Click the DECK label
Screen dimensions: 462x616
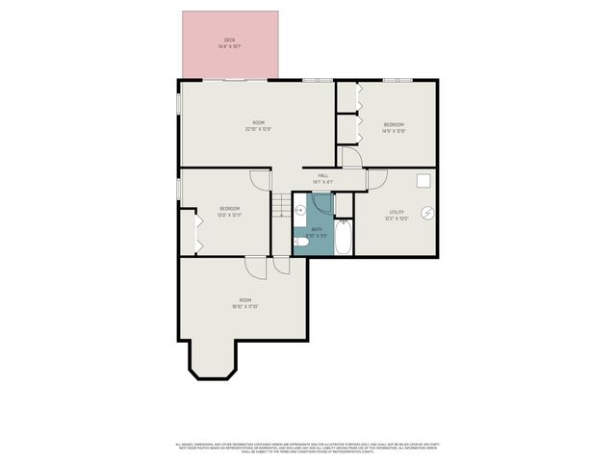point(229,40)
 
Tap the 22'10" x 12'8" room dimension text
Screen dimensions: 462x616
point(258,129)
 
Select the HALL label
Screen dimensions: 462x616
point(322,175)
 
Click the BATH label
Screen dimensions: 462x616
point(316,229)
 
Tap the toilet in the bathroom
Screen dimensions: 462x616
point(300,243)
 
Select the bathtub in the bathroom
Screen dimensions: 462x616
point(342,234)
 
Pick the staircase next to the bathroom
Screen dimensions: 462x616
point(280,204)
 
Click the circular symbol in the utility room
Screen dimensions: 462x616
point(429,214)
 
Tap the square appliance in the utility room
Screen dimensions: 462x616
point(423,180)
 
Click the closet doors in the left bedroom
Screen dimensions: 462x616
point(199,232)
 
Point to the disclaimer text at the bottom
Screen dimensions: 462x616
point(308,448)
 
